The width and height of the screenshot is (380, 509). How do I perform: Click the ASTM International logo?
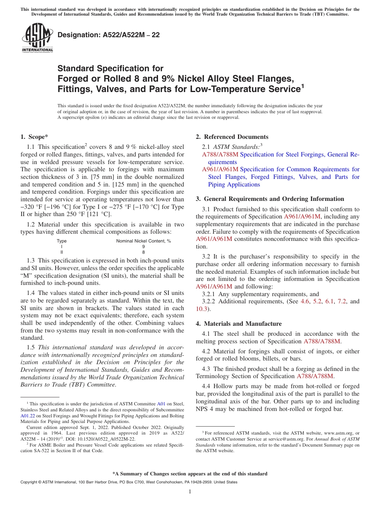[37, 38]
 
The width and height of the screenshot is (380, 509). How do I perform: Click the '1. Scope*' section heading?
[34, 137]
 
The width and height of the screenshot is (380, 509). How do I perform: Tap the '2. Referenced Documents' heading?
[232, 137]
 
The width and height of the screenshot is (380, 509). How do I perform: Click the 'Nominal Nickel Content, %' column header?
[144, 241]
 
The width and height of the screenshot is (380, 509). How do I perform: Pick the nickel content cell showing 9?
[144, 247]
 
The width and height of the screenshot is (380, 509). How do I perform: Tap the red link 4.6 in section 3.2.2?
[305, 301]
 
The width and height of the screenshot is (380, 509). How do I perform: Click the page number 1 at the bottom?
[190, 492]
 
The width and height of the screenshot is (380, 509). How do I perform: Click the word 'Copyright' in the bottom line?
[31, 482]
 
